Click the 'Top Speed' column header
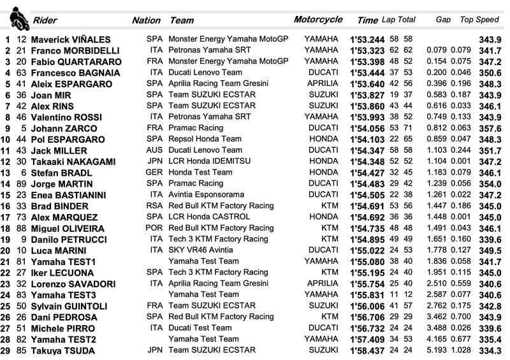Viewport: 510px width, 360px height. (x=479, y=20)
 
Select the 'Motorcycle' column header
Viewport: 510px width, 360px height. (x=318, y=20)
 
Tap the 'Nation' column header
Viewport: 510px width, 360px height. (x=146, y=20)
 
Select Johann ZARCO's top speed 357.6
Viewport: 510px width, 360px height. (x=490, y=128)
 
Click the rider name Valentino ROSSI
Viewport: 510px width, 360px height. (x=68, y=117)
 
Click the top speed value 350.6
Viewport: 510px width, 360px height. (x=490, y=73)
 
